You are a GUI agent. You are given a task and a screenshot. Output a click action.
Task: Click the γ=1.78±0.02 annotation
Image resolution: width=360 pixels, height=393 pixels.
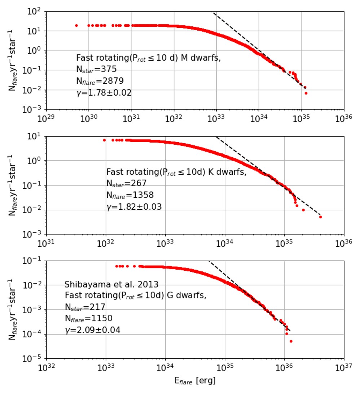(104, 93)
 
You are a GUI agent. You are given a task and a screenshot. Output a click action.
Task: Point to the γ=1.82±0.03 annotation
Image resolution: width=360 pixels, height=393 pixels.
(134, 207)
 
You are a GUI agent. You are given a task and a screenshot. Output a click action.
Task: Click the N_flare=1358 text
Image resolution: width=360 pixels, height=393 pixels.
(130, 195)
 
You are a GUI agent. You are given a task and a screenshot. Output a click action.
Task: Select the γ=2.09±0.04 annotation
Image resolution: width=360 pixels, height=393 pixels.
(92, 330)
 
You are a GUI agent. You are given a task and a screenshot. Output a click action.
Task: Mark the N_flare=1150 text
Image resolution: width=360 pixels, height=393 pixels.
(88, 319)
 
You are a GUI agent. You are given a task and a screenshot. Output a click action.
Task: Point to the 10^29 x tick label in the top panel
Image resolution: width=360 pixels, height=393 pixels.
(46, 118)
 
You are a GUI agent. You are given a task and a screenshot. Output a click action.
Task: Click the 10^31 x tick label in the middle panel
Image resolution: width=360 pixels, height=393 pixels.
(46, 243)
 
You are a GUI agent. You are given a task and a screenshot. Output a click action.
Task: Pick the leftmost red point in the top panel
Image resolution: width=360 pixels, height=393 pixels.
(76, 26)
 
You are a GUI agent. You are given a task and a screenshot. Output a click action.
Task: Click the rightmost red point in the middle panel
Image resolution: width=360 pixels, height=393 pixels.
(320, 217)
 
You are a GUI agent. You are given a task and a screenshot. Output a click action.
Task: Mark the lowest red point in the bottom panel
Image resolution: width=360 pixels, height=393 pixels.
(291, 341)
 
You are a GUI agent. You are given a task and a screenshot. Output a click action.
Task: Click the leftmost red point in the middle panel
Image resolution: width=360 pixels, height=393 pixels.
(104, 140)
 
